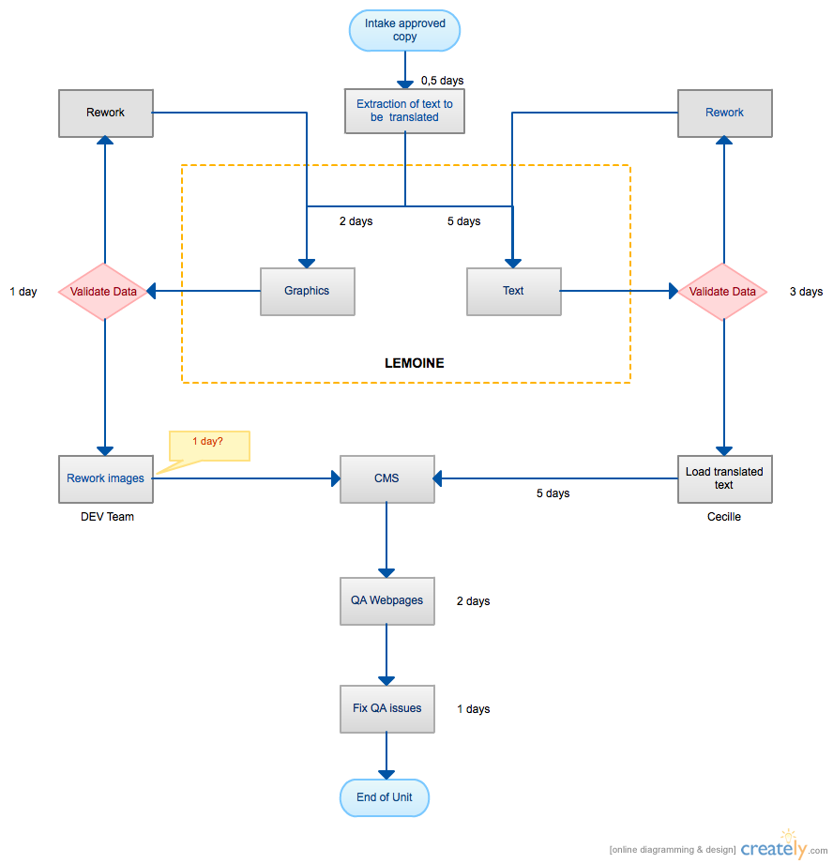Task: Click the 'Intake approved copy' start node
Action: click(405, 30)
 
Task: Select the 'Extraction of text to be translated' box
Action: click(404, 111)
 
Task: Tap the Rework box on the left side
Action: click(106, 113)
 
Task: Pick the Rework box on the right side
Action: click(724, 113)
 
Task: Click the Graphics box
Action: click(307, 291)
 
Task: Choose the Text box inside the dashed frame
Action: click(513, 291)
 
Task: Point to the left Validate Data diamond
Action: click(104, 292)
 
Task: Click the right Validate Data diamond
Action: click(722, 292)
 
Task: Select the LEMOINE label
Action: click(415, 363)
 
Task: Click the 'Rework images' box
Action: click(106, 478)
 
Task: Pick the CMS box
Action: click(386, 478)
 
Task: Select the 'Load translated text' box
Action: click(724, 478)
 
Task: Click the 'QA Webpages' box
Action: click(386, 600)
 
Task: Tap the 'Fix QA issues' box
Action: click(386, 708)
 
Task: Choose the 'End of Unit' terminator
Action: click(386, 797)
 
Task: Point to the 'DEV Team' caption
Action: click(107, 517)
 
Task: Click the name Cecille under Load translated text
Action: click(723, 517)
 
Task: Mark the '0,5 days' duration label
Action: click(442, 81)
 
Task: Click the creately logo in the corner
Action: click(775, 847)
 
